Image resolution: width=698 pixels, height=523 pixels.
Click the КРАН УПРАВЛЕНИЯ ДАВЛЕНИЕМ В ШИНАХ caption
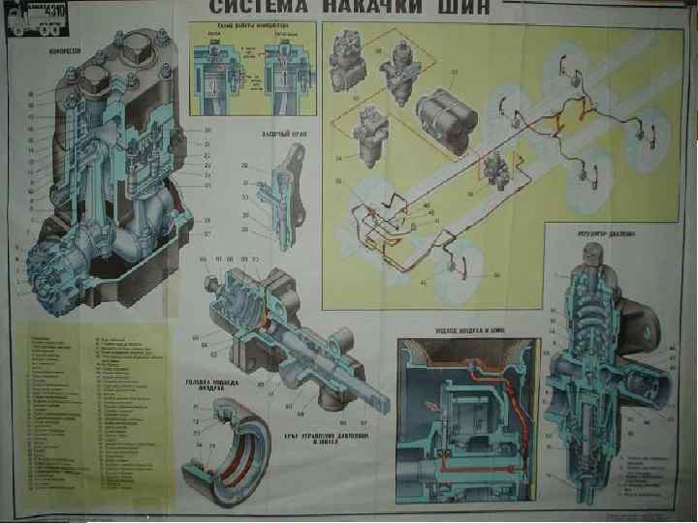pyautogui.click(x=311, y=437)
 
